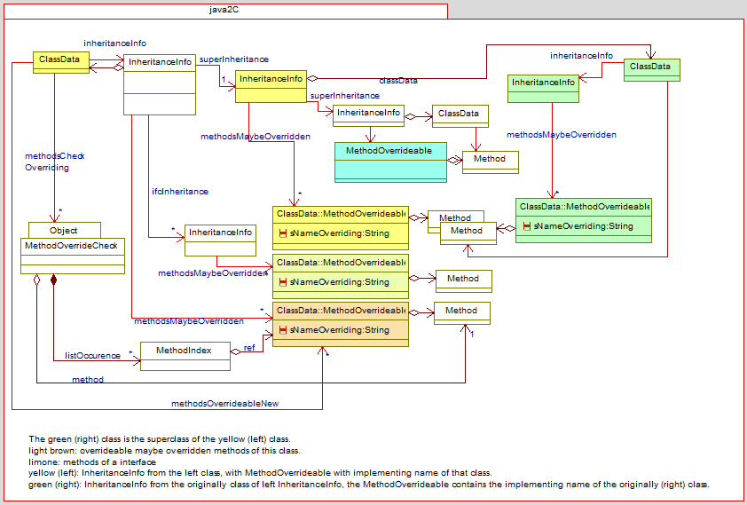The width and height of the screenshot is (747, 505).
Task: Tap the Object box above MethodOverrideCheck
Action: [x=64, y=230]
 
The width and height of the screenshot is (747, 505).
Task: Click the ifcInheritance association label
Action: [x=179, y=191]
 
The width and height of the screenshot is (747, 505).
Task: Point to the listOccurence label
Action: [x=92, y=356]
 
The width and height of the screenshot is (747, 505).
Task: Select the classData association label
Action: [x=398, y=81]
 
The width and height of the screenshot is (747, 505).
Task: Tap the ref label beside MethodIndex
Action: [x=248, y=347]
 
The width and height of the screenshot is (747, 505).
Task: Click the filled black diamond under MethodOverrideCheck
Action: [x=54, y=280]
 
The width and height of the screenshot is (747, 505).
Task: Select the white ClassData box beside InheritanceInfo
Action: [x=459, y=114]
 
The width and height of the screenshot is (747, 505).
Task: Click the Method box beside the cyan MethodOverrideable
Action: [x=490, y=159]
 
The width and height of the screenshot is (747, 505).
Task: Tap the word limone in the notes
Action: [x=42, y=462]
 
